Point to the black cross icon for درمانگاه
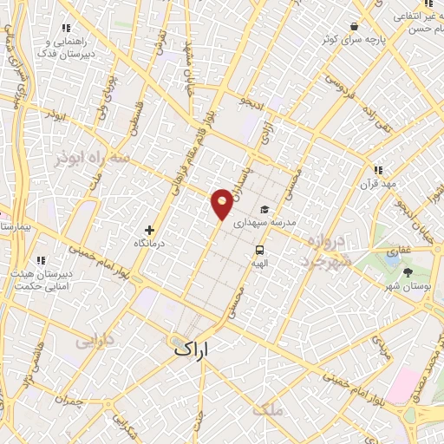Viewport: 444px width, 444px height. click(x=150, y=231)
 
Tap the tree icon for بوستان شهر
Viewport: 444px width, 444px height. click(x=409, y=272)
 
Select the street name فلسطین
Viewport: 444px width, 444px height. click(x=135, y=118)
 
